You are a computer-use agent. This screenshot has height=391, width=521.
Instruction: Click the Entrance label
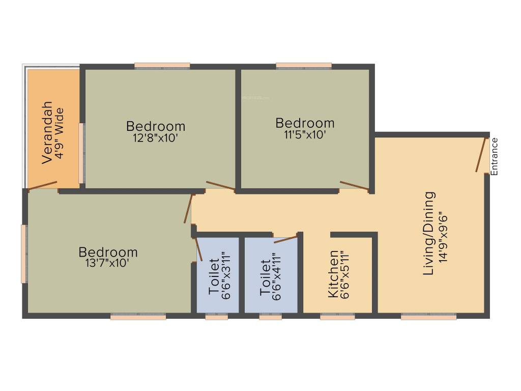(495, 156)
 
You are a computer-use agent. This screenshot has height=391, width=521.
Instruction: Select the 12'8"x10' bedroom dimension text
(156, 137)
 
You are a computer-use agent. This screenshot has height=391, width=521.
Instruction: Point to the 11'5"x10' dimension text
(305, 134)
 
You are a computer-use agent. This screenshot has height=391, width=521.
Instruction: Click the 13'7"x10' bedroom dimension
(108, 263)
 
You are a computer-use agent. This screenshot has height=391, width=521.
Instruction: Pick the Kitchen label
(333, 273)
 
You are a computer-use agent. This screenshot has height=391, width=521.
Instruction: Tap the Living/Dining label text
(430, 233)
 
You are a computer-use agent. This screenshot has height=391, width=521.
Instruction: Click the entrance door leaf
(481, 154)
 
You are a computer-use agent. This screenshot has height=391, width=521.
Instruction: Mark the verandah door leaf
(43, 185)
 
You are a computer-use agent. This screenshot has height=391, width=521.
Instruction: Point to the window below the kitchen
(337, 317)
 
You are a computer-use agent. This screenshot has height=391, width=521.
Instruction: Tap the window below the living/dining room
(428, 317)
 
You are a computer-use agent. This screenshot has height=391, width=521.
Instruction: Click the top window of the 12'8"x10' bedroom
(162, 66)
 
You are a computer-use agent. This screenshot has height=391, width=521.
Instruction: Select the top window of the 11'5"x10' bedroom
(304, 66)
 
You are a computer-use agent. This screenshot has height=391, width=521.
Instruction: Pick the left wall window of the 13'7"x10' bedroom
(23, 254)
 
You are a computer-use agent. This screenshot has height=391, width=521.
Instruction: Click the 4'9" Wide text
(60, 133)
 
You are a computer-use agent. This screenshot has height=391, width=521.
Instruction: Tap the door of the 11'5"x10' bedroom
(354, 186)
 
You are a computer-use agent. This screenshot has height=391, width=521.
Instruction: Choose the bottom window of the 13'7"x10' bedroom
(138, 317)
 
